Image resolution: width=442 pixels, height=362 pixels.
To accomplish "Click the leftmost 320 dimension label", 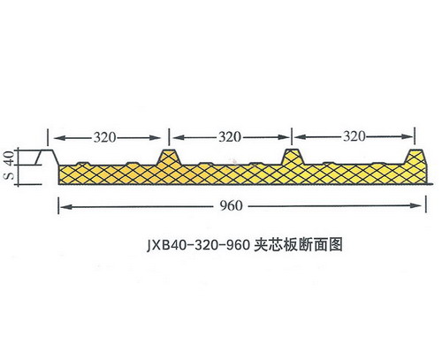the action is [x=105, y=137].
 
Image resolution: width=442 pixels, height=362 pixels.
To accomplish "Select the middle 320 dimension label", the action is [x=230, y=137].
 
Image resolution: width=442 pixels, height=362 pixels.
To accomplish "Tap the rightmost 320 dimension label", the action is [x=354, y=136].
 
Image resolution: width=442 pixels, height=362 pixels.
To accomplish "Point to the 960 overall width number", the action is [x=231, y=205].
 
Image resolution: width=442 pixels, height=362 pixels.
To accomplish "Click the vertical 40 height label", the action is [x=10, y=158].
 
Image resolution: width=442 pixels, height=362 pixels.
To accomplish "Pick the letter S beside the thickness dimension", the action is [x=10, y=175].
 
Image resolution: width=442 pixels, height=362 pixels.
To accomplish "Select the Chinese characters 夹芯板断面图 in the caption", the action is [x=298, y=244].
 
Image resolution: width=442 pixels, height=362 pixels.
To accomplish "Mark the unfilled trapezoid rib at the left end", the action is [x=47, y=158].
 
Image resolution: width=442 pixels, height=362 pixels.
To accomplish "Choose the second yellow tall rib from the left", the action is [x=293, y=157].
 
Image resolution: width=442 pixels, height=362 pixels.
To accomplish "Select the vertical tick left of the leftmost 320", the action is [x=48, y=137].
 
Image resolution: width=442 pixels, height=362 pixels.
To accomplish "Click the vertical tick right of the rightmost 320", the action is [x=415, y=135].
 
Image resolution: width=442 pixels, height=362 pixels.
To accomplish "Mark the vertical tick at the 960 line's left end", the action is [x=58, y=205].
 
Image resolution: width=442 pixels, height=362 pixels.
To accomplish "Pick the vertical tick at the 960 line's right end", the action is [x=426, y=204].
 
